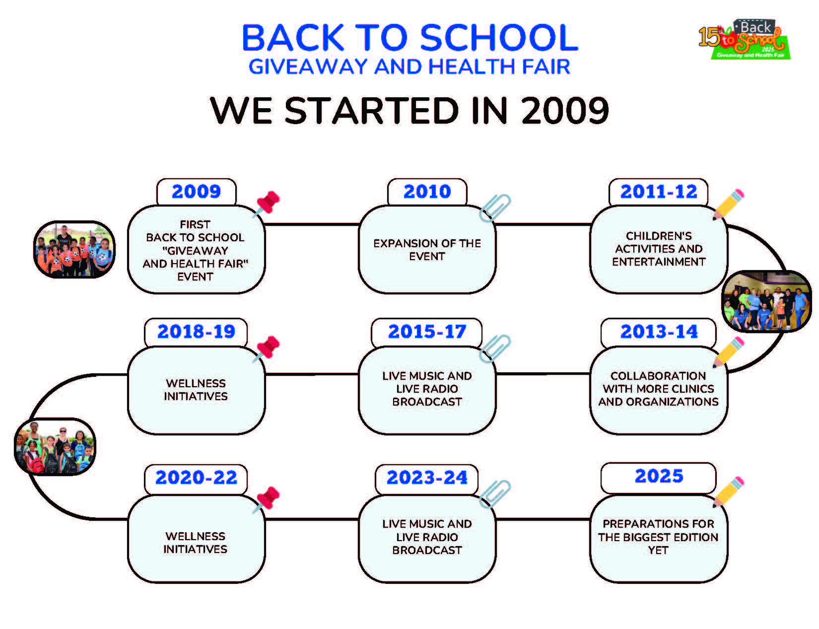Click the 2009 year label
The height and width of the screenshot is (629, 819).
(x=196, y=192)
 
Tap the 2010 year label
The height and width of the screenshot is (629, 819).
(x=427, y=192)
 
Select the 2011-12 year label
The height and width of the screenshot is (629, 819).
(x=659, y=192)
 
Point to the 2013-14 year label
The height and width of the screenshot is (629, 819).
(x=659, y=332)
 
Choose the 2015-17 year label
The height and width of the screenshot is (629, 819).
(x=427, y=332)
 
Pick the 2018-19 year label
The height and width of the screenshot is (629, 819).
(x=196, y=332)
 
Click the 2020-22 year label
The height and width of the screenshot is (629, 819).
(x=196, y=478)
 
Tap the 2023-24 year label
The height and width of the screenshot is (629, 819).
(x=427, y=478)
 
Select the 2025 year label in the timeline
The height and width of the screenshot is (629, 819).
(x=659, y=476)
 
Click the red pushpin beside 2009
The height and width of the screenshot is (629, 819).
(x=267, y=204)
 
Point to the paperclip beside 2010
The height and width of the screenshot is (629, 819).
(x=494, y=208)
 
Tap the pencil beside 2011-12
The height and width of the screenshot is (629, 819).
(x=728, y=205)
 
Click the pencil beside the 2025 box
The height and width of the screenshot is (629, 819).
(x=728, y=492)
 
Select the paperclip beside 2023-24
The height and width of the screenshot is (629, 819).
(x=494, y=493)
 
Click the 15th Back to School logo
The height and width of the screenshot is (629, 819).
(x=744, y=40)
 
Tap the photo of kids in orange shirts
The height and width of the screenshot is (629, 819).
(x=74, y=250)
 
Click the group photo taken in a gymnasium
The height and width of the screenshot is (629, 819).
(x=766, y=301)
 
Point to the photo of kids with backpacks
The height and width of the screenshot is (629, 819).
(x=55, y=447)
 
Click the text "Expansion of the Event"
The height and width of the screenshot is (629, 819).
(x=427, y=250)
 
